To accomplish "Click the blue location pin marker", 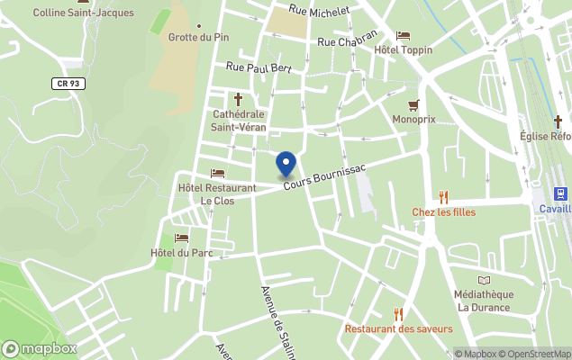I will [x=286, y=165].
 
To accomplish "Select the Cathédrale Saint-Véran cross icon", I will [x=239, y=99].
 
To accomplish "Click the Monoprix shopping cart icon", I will [x=414, y=104].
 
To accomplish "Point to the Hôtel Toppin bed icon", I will [x=403, y=36].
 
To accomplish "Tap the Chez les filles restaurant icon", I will [x=443, y=197].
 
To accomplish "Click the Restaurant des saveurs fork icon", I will [x=398, y=314].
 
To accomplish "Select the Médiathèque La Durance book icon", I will [x=484, y=281].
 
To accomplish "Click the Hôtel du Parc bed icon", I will [x=182, y=238].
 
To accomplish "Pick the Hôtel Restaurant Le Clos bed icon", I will [x=217, y=173].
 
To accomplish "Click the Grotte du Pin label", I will [x=198, y=37].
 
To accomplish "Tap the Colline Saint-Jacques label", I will [x=83, y=13].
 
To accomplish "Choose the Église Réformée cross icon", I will [x=558, y=121].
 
